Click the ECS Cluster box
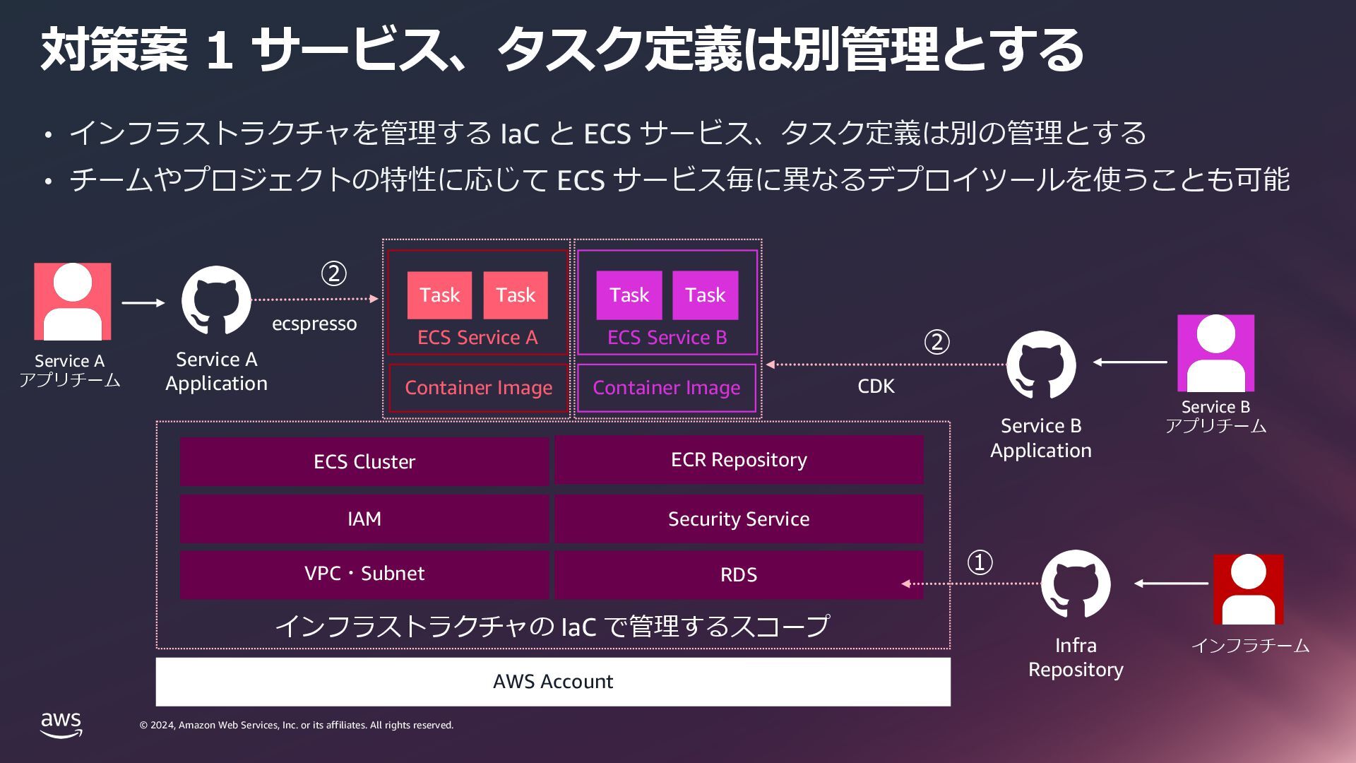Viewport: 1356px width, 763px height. pos(364,461)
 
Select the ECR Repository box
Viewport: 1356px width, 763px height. pos(739,460)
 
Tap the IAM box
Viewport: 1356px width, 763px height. pos(364,519)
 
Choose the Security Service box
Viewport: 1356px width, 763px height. pos(739,519)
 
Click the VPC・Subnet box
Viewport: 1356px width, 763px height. pos(364,574)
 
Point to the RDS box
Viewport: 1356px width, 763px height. pos(739,574)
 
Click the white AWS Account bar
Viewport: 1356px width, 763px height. pos(553,682)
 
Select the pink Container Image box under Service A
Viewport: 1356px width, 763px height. pos(478,388)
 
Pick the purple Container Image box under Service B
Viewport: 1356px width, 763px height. pos(667,388)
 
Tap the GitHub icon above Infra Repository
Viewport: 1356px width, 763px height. pos(1076,584)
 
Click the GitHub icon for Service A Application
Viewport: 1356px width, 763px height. pos(216,300)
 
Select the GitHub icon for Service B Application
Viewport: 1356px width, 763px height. pos(1041,365)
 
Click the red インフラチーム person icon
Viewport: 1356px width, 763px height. pos(1248,589)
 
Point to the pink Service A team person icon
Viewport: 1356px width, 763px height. pos(73,302)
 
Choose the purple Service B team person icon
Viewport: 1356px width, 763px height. pos(1215,353)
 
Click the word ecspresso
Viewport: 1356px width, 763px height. pos(314,324)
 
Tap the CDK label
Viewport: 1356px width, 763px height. pos(876,386)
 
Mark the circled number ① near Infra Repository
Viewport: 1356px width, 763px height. pos(980,562)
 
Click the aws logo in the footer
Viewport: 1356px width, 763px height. pos(61,725)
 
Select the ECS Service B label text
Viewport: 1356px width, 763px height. pos(667,338)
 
